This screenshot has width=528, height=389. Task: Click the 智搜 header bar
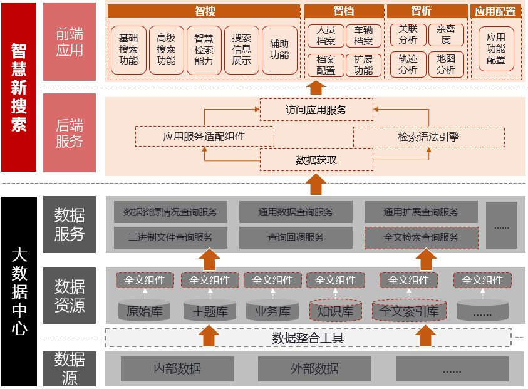point(204,11)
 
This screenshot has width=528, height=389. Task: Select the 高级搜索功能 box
point(166,49)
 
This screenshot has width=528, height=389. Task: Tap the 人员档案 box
point(326,36)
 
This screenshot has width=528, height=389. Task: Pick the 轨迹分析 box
point(408,64)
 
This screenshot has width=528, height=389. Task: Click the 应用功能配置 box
point(496,49)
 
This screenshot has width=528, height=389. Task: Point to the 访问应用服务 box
point(316,110)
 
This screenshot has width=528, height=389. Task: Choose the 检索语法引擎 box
point(429,137)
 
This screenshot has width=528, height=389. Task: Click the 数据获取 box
point(316,160)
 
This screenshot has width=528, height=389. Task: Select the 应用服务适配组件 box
point(204,136)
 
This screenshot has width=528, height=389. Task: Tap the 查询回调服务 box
point(296,237)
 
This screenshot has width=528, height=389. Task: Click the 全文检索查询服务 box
point(421,237)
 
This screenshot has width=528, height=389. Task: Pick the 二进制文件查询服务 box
point(170,237)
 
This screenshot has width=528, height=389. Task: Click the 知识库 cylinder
point(335,311)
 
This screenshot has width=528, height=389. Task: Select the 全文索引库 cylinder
point(408,311)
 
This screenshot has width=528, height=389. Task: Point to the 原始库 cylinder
point(144,311)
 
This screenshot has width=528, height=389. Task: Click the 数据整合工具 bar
point(308,338)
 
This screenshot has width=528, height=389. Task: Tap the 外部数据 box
point(314,369)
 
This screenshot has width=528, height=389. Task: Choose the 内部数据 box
point(177,369)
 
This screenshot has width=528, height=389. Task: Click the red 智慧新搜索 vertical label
point(19,87)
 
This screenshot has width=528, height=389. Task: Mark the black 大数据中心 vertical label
point(19,291)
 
